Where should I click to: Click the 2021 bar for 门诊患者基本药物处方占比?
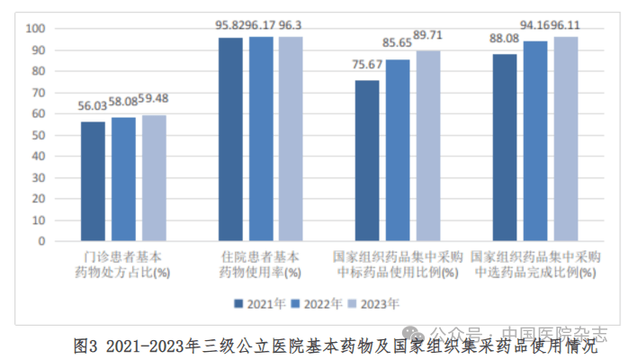tap(94, 181)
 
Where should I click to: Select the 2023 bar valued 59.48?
tap(154, 177)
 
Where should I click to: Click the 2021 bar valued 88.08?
tap(505, 148)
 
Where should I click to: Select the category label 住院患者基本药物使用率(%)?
tap(261, 264)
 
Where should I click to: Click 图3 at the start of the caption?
tap(85, 346)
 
